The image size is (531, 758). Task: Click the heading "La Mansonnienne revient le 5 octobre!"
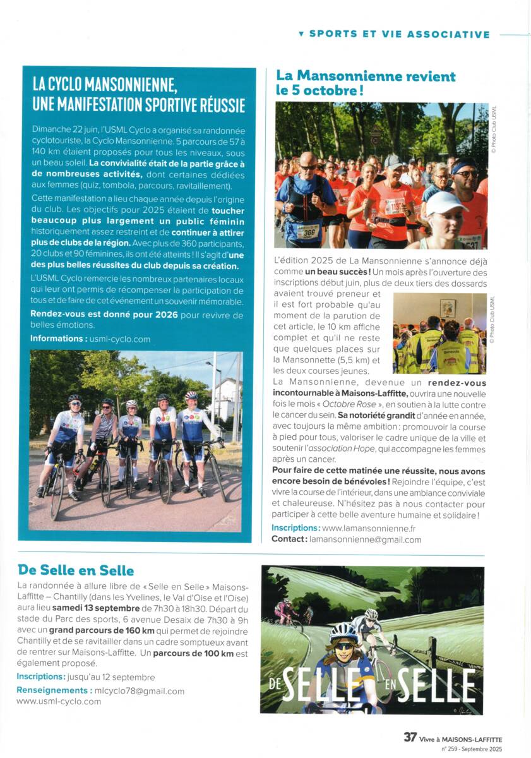click(x=366, y=83)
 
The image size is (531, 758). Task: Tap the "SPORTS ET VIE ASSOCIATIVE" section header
click(x=399, y=34)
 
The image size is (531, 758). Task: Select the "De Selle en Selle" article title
click(x=76, y=571)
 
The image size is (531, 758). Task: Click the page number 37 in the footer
click(x=410, y=737)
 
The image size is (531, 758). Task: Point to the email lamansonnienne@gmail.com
click(x=365, y=539)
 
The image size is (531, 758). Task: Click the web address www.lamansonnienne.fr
click(x=369, y=528)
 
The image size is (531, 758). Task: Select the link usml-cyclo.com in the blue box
click(x=120, y=339)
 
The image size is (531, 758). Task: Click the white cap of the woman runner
click(x=445, y=203)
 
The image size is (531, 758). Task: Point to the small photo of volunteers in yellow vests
click(x=439, y=334)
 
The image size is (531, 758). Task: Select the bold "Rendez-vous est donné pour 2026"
click(x=104, y=315)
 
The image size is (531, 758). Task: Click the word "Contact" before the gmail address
click(x=289, y=539)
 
